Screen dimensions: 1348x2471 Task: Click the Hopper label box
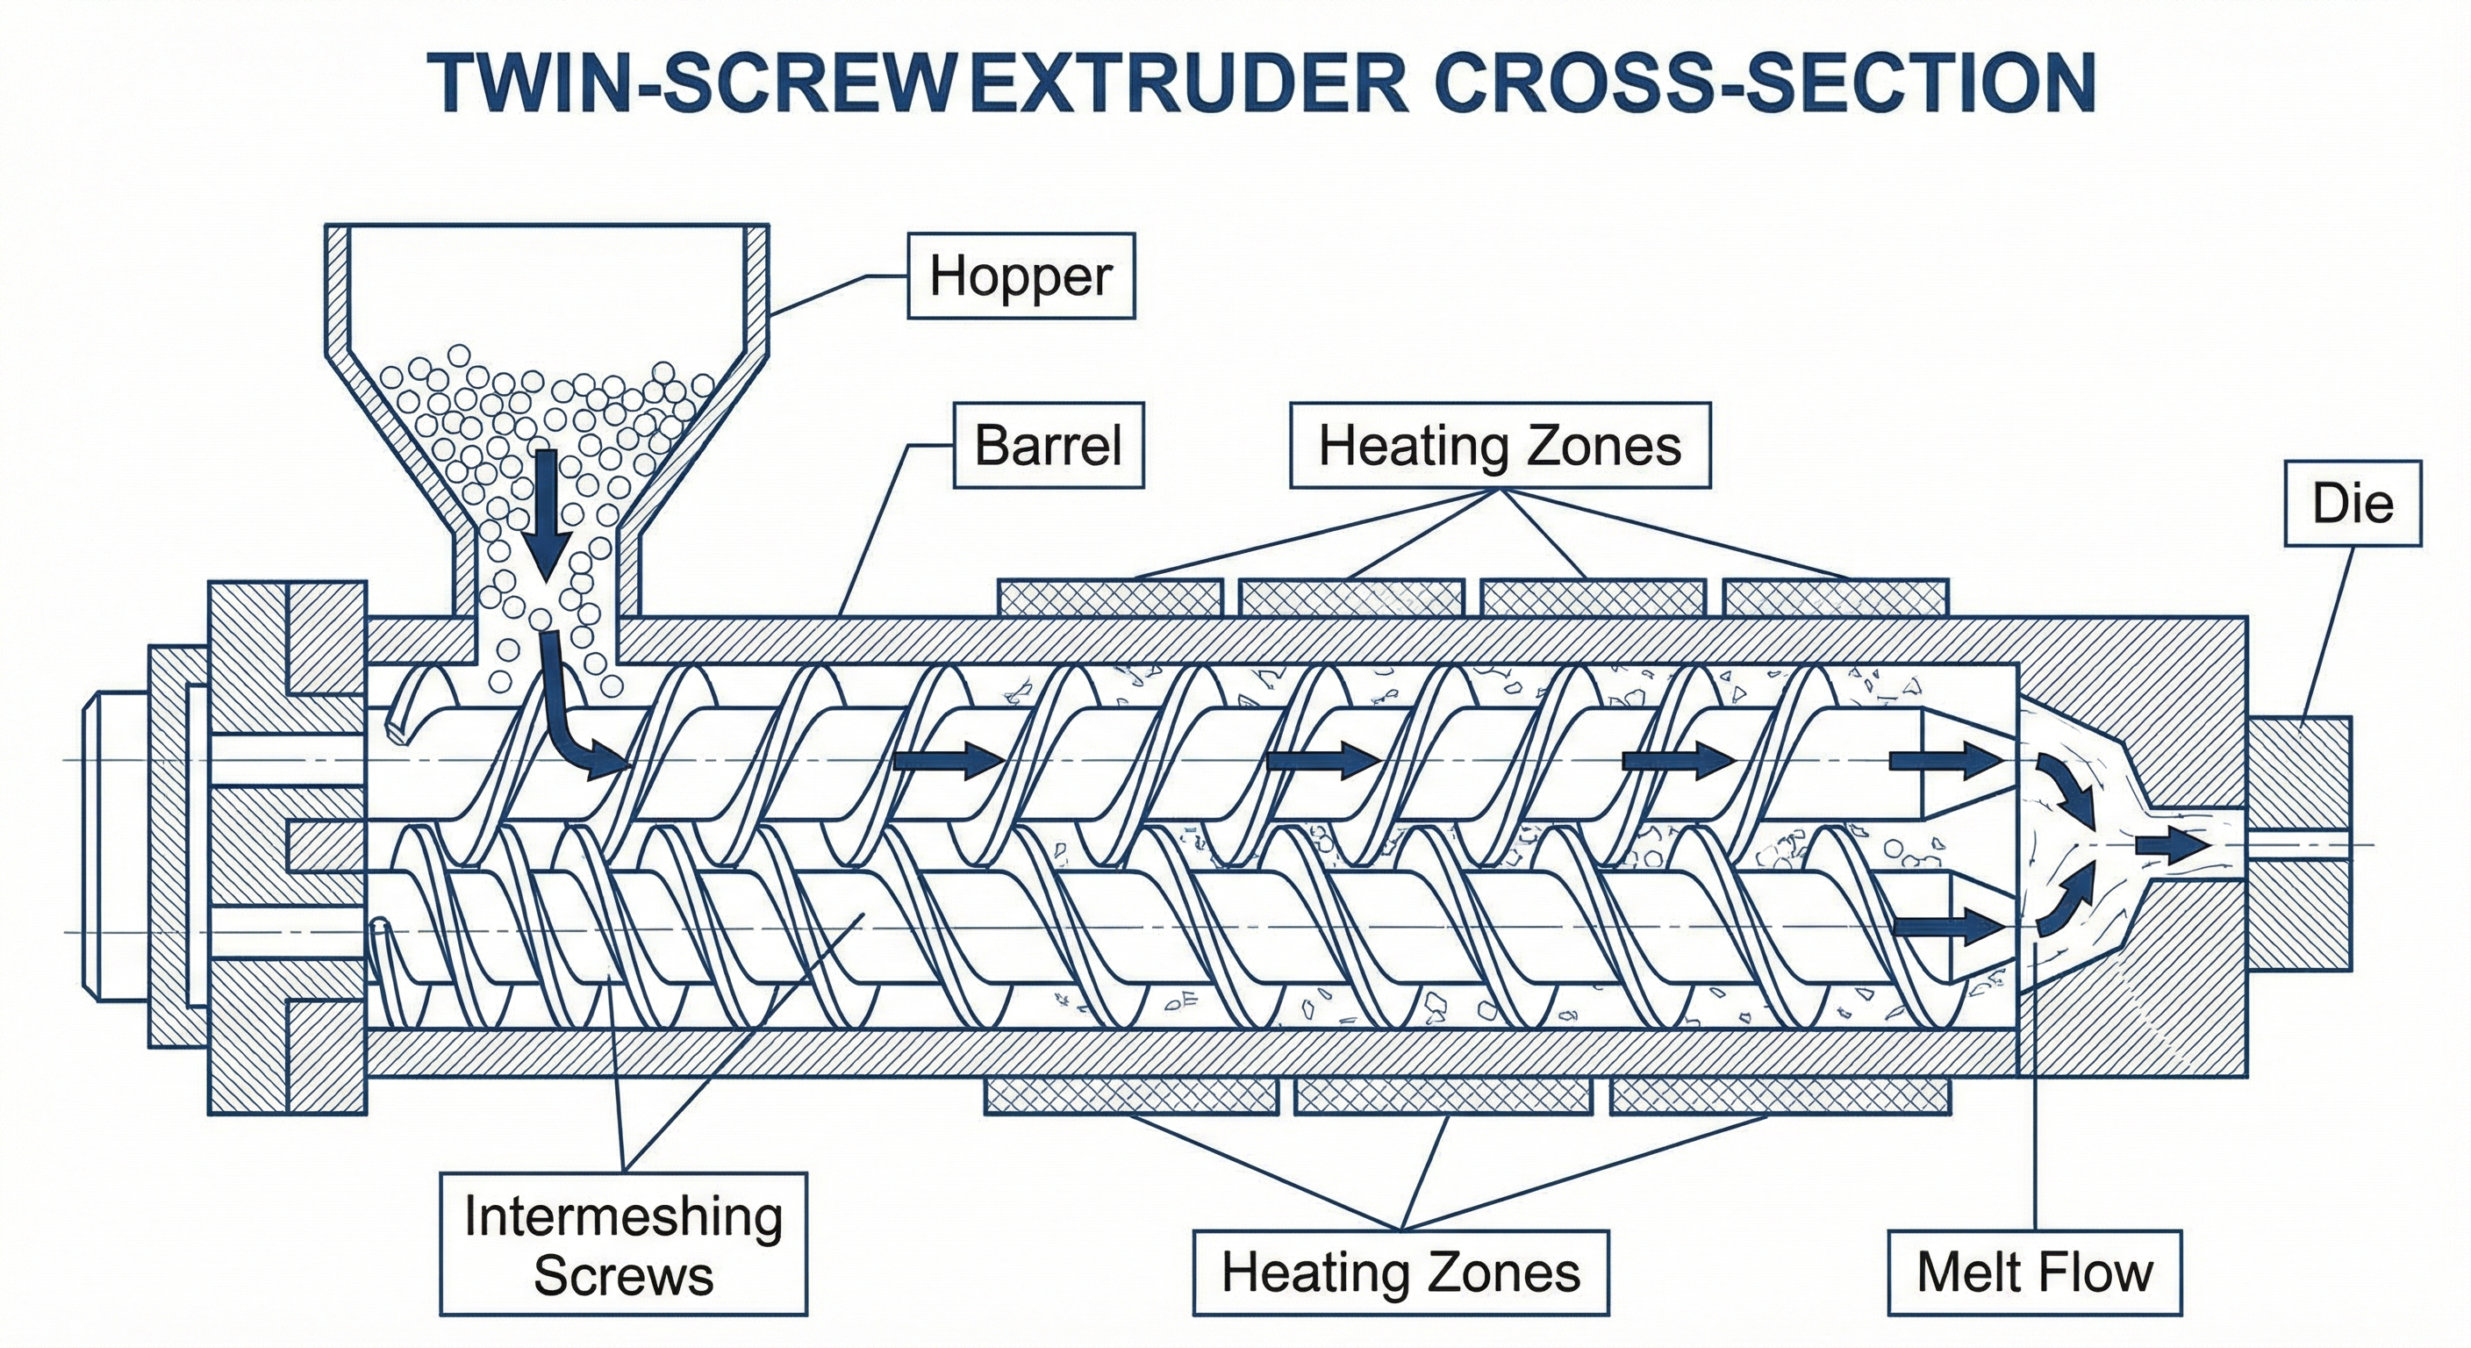(x=1021, y=276)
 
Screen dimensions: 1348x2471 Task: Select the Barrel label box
(x=1048, y=445)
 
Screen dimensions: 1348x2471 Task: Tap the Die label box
(x=2352, y=504)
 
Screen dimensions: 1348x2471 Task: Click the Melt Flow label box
(x=2034, y=1273)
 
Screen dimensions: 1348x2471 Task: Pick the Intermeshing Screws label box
(x=624, y=1244)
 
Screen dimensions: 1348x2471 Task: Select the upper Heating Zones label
(x=1501, y=445)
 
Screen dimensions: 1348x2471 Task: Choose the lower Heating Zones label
(x=1400, y=1273)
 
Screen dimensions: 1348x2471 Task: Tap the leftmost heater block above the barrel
(x=1110, y=598)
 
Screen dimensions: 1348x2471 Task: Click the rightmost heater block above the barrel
(x=1836, y=598)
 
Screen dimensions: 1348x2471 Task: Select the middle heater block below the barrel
(x=1443, y=1095)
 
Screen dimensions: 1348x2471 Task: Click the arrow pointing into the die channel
(x=2170, y=845)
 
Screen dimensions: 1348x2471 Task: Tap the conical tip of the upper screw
(x=1966, y=763)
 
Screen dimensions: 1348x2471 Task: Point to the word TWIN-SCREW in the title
(x=687, y=83)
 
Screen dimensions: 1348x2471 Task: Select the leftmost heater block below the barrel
(x=1132, y=1095)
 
